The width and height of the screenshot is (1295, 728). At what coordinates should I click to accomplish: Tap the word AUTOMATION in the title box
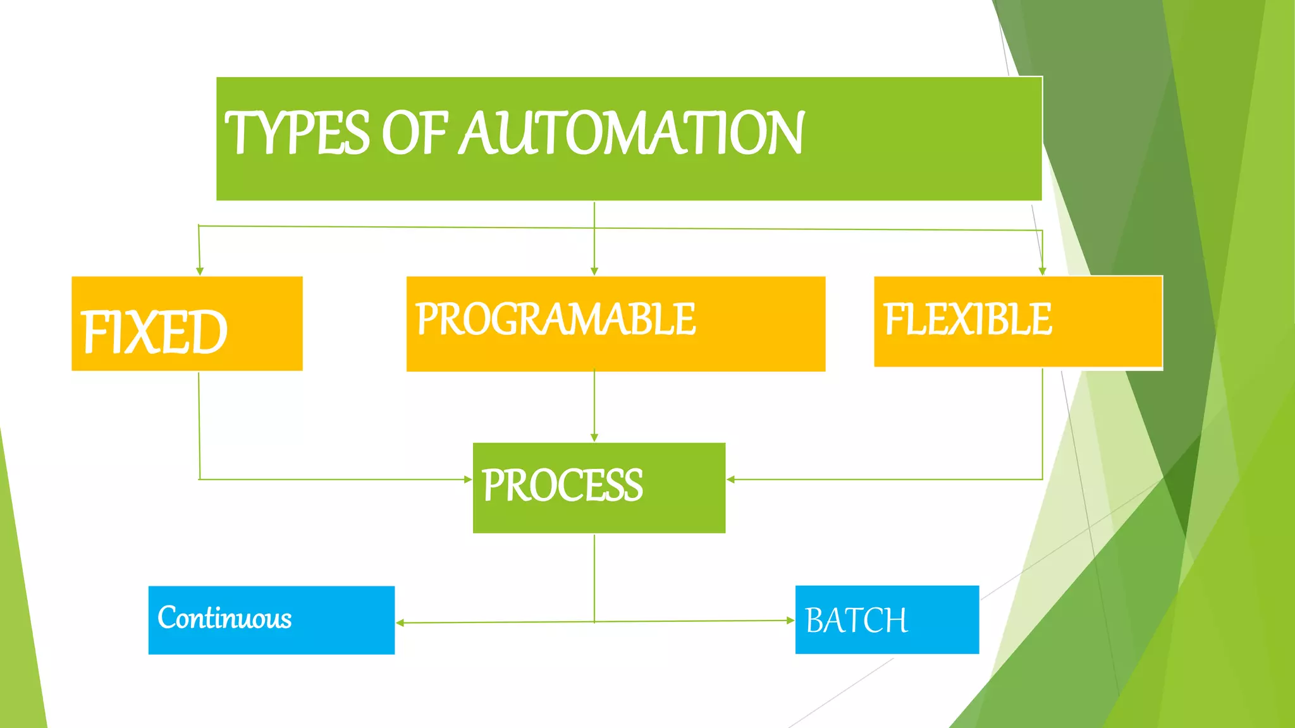tap(632, 133)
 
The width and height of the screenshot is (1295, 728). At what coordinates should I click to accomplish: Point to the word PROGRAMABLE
tap(555, 319)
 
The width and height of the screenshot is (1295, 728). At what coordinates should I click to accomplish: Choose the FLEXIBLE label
tap(967, 319)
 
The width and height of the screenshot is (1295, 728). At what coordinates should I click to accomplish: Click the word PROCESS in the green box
tap(562, 485)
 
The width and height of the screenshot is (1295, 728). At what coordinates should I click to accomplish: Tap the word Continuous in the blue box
tap(224, 617)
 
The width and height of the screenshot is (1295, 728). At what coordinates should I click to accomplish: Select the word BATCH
tap(856, 620)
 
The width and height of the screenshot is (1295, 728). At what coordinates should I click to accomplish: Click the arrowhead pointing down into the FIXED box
tap(200, 271)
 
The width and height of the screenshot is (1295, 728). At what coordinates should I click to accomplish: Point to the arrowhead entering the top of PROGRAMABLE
tap(594, 271)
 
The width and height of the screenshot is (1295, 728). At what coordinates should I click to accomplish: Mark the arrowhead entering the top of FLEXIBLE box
tap(1043, 271)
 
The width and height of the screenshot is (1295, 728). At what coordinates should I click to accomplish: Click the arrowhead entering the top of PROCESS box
tap(594, 437)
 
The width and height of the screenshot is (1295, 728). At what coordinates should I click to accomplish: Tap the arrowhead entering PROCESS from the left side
tap(468, 480)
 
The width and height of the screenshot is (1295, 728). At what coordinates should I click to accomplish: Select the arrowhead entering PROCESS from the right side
tap(731, 480)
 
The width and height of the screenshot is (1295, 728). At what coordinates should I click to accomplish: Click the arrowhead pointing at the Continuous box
tap(400, 623)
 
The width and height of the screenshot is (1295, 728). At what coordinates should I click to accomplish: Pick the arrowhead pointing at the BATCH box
tap(790, 621)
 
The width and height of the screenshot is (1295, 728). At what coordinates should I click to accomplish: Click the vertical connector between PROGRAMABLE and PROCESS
tap(594, 404)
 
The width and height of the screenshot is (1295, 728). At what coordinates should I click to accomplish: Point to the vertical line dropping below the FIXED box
tap(199, 423)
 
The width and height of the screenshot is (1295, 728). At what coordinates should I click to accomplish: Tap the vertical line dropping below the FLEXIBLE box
tap(1043, 423)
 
